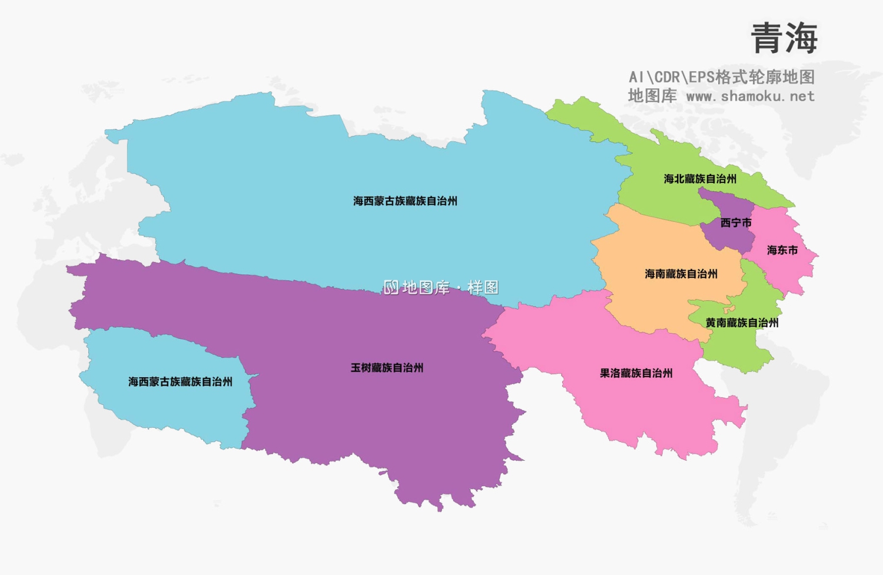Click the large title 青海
784,39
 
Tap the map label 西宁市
736,223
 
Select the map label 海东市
782,251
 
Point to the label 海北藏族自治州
700,179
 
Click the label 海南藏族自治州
681,274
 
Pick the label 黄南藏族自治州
742,323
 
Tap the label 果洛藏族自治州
636,373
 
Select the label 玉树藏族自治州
387,368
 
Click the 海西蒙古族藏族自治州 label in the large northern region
405,201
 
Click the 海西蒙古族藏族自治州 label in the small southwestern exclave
180,382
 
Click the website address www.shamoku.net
751,97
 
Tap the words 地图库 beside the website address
652,96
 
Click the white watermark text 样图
483,288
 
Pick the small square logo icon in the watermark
391,288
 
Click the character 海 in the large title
801,39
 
